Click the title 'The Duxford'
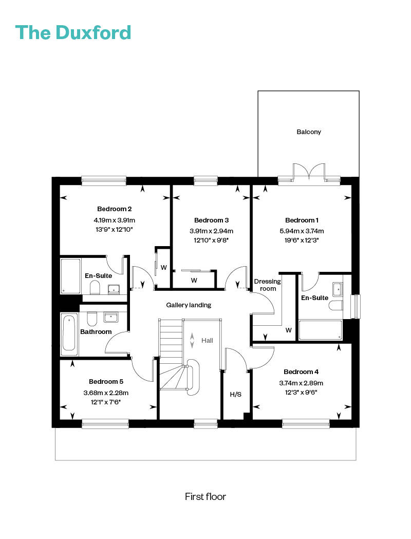pos(73,33)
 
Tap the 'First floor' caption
pos(206,496)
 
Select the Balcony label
pos(309,132)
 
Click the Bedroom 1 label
pos(302,220)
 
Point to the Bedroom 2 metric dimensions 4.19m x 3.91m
pos(115,220)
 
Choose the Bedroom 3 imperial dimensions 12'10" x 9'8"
pos(211,240)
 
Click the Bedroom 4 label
pos(301,371)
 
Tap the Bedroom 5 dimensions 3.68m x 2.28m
pos(106,393)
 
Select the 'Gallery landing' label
pos(189,305)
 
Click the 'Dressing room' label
pos(267,285)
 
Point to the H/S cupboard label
pos(235,394)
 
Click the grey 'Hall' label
pos(207,340)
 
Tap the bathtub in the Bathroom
pos(69,334)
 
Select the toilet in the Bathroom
pos(92,319)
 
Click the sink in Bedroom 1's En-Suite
pos(338,289)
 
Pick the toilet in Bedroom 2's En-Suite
pos(95,288)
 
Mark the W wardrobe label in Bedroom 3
pos(194,280)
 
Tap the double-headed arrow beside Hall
pos(192,340)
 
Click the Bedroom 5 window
pos(105,423)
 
